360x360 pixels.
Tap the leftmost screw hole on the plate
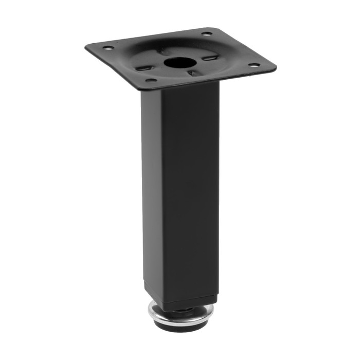tap(108, 48)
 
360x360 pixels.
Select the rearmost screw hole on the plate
tap(206, 34)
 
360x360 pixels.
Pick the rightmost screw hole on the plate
tap(254, 65)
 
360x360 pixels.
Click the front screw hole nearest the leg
tap(151, 80)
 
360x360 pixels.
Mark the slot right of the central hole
tap(208, 58)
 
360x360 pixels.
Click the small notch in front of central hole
tap(191, 73)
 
